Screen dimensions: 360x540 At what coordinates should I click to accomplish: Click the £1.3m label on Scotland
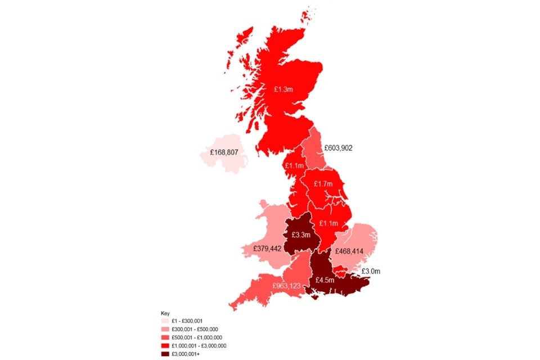(283, 89)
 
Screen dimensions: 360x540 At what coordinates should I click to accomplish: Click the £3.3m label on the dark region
(301, 235)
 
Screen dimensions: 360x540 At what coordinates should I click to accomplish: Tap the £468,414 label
(349, 251)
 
